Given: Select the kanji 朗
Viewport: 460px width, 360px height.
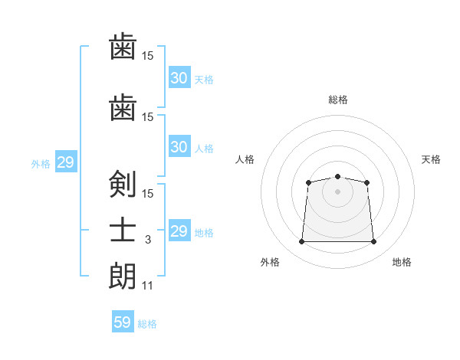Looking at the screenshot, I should (x=123, y=276).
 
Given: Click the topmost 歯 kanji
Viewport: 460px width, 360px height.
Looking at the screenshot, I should (x=123, y=47).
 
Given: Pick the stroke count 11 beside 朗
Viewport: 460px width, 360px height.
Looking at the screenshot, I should (x=147, y=286).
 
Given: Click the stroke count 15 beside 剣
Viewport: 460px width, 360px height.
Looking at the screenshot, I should (x=147, y=193).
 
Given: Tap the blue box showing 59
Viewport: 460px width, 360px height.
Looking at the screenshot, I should (x=123, y=322).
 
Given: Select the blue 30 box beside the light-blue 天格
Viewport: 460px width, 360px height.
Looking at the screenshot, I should (x=179, y=78).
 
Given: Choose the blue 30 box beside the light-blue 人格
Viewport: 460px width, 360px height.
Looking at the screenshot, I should (x=179, y=147).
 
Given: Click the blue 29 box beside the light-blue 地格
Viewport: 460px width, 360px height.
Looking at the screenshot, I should (x=179, y=231).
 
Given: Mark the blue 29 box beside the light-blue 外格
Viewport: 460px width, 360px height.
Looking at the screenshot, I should (x=65, y=162).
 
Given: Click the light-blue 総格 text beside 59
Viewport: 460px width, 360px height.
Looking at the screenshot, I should (x=147, y=324).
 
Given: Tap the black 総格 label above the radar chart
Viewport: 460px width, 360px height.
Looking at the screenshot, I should (x=337, y=100).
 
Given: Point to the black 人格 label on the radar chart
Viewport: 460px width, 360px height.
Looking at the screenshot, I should (x=245, y=159).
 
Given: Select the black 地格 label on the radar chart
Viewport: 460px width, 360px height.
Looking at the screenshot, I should (x=402, y=262).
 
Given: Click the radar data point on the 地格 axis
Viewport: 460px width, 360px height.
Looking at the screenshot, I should (x=373, y=242).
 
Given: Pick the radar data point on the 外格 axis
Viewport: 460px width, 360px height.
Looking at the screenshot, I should (x=301, y=242).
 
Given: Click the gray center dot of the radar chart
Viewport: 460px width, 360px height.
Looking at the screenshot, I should (x=337, y=191).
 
